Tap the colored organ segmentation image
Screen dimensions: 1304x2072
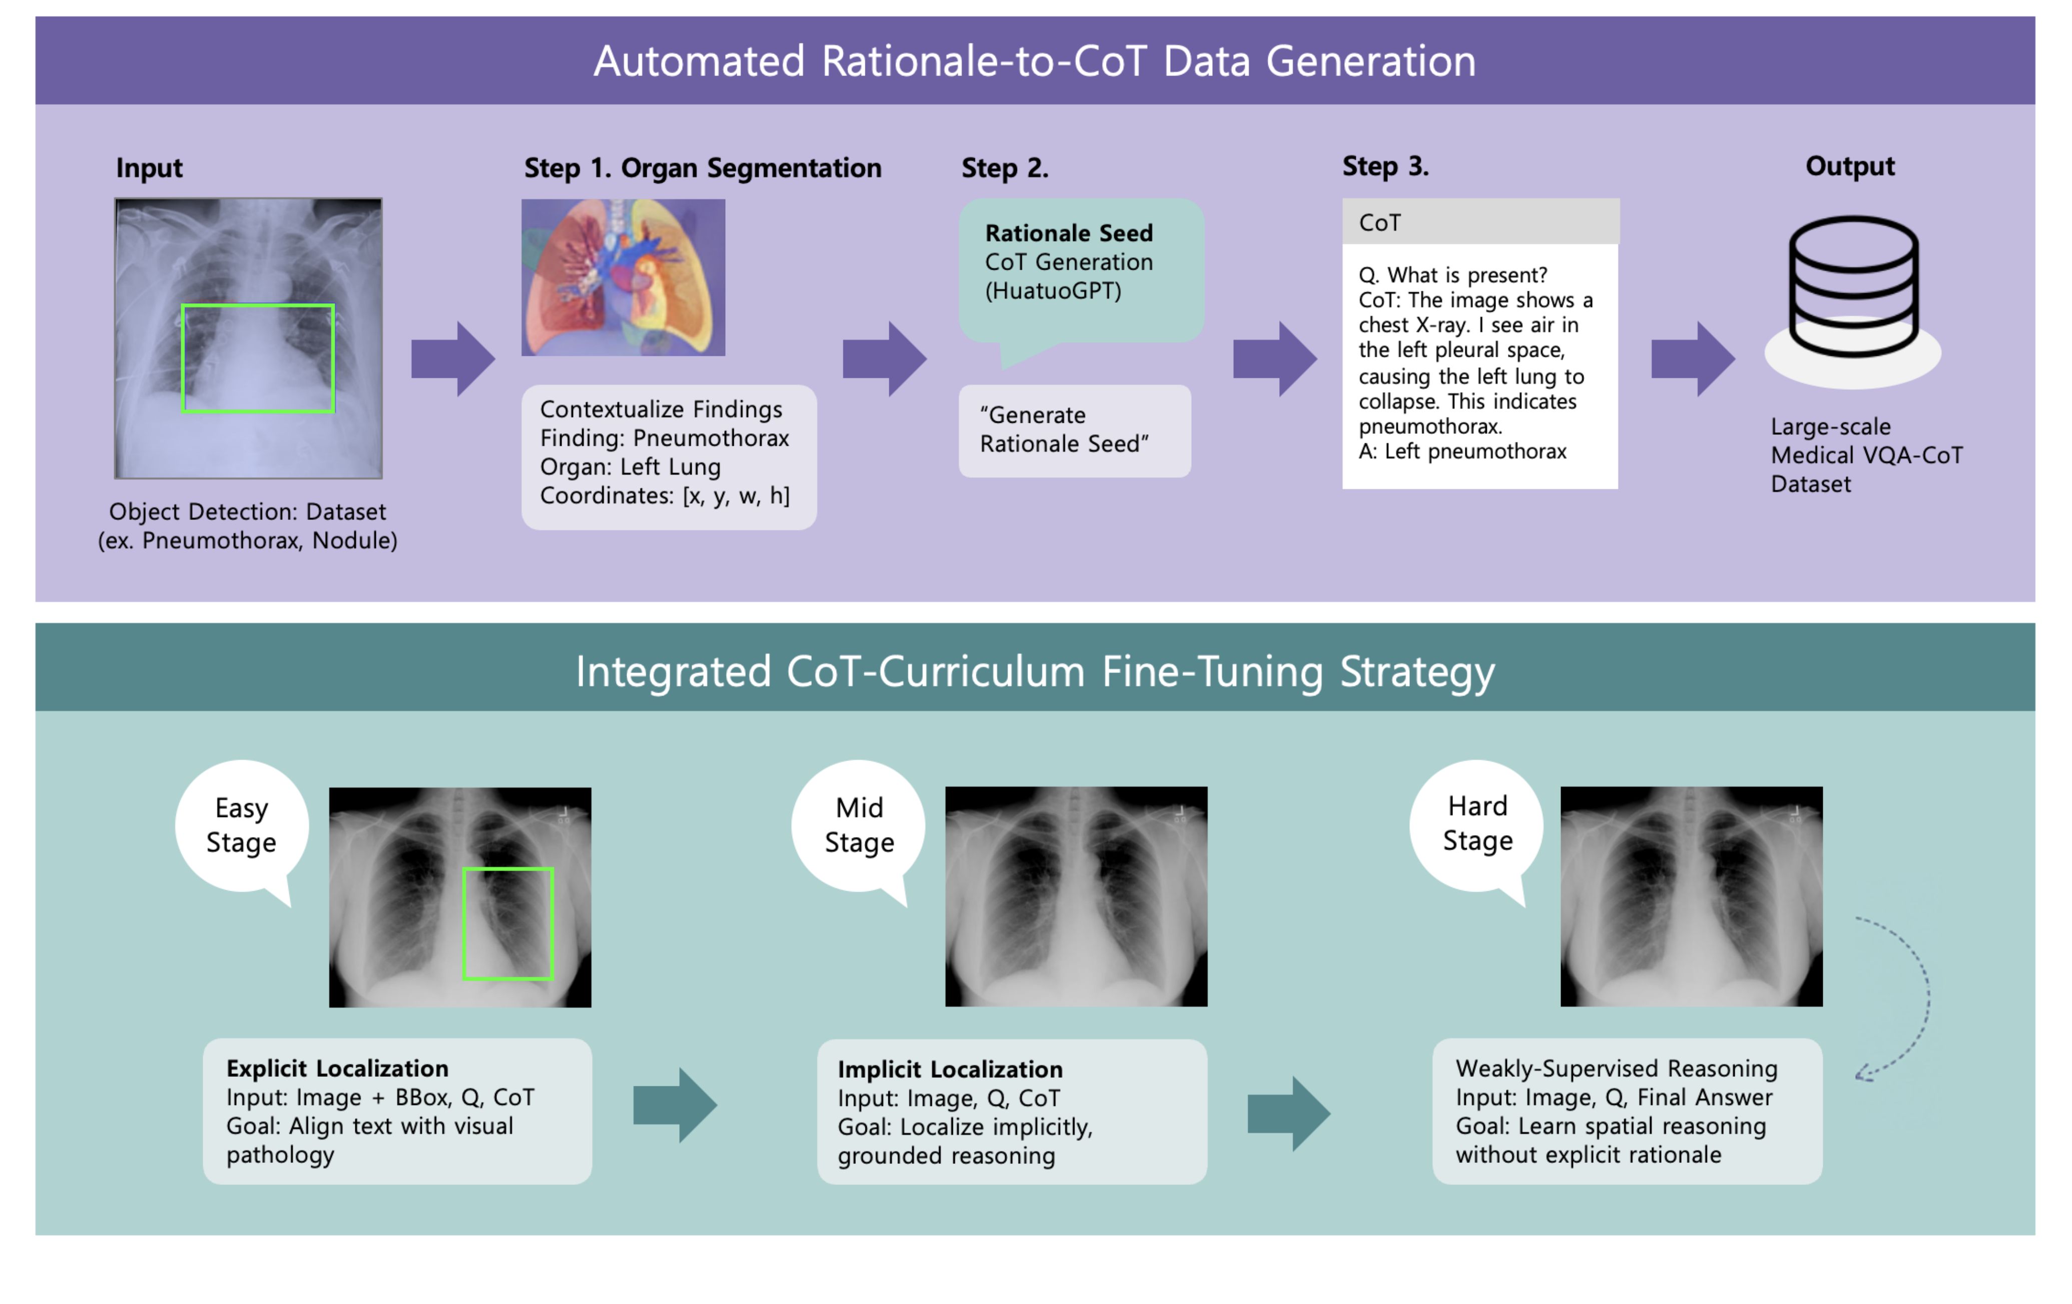[623, 277]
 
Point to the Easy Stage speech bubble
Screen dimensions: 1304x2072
[242, 826]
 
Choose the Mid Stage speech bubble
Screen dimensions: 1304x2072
[859, 826]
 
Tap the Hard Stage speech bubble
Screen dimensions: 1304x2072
[1476, 824]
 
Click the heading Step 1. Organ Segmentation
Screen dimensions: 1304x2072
[702, 168]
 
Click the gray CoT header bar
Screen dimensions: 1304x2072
[1480, 223]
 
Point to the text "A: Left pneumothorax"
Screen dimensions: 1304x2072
[1462, 451]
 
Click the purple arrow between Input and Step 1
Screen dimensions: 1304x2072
[452, 359]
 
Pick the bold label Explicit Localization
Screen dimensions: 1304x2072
[337, 1068]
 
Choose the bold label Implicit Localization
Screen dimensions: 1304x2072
[950, 1069]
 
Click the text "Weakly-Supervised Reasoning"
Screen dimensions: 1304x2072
[1616, 1068]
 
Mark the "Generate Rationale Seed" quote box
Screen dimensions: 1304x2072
[1074, 430]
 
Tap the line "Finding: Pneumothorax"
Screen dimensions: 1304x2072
[664, 438]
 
